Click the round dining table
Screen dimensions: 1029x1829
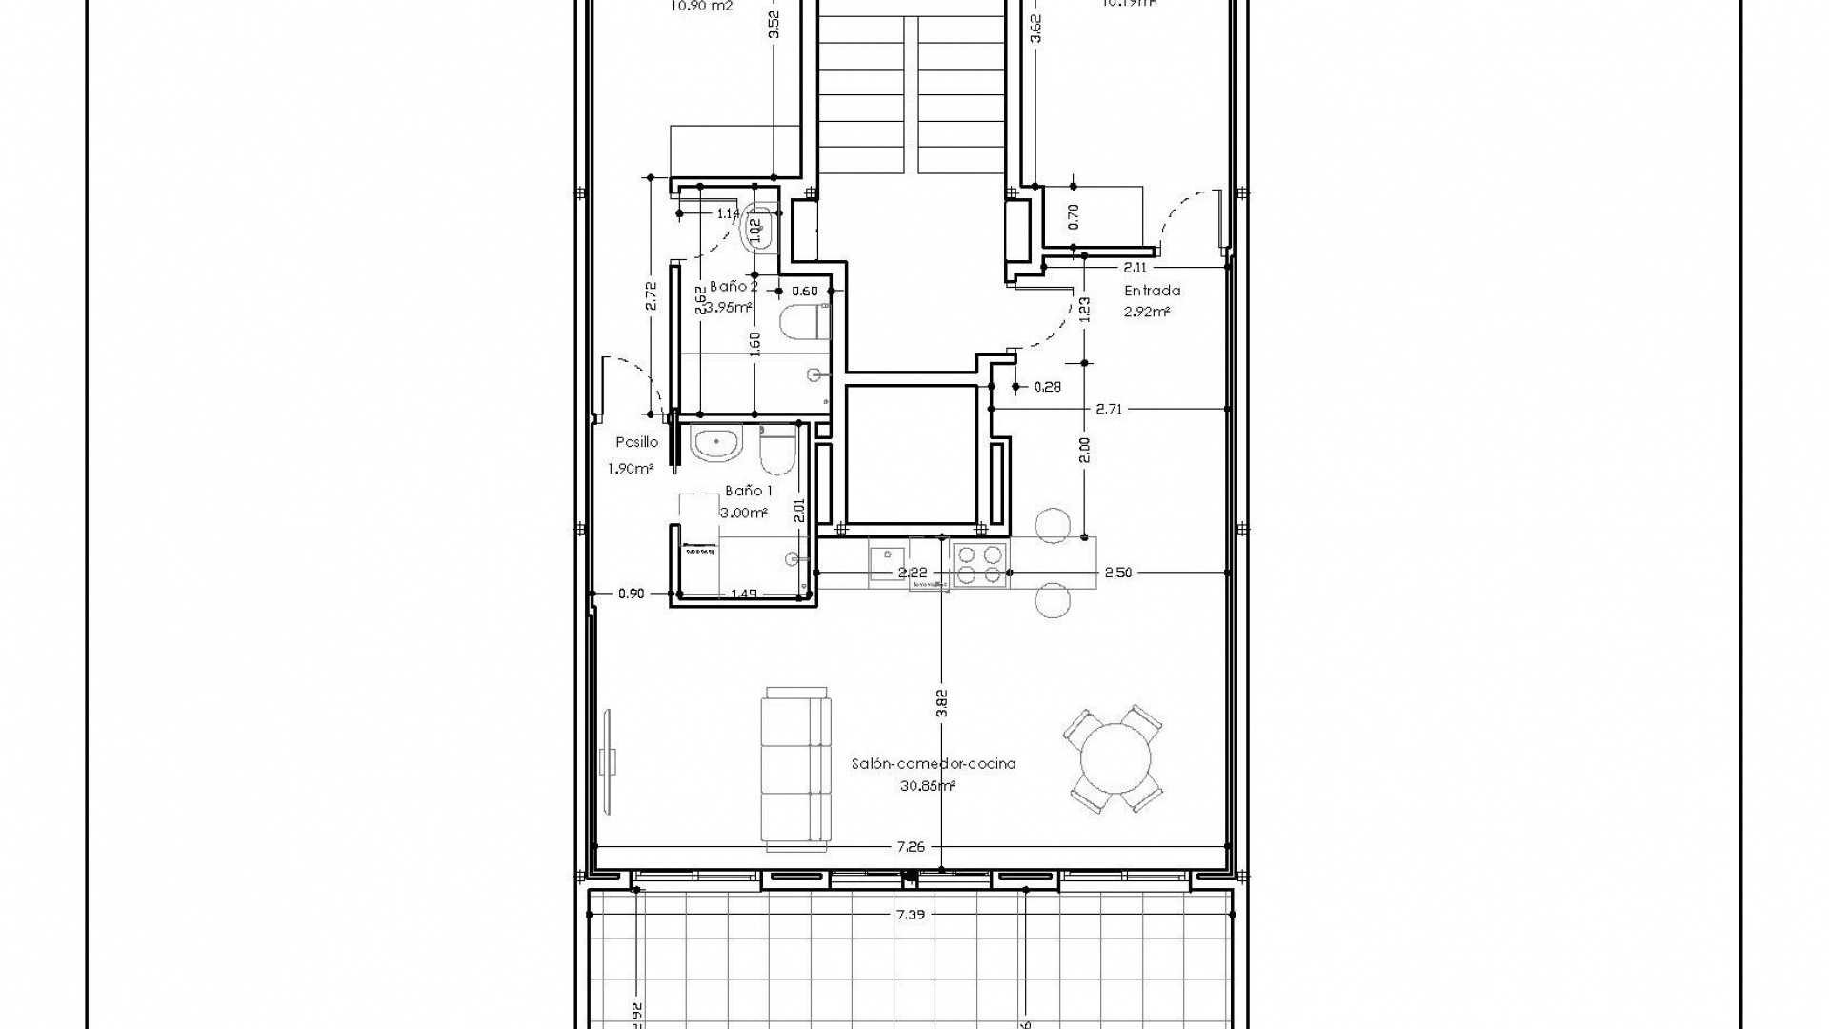point(1114,759)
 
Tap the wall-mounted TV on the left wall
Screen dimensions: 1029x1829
point(608,761)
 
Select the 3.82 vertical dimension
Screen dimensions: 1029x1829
point(942,702)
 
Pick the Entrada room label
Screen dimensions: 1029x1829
point(1152,291)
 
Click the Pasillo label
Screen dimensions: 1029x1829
point(636,442)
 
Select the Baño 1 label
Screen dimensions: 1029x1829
point(749,491)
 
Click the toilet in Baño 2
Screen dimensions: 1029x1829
point(802,321)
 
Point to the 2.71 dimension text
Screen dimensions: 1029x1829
point(1109,409)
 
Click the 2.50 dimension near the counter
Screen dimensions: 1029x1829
point(1117,573)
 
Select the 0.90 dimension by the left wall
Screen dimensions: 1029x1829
point(631,594)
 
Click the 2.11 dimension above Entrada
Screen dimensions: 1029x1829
point(1135,268)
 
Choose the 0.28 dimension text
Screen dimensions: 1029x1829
point(1047,387)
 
